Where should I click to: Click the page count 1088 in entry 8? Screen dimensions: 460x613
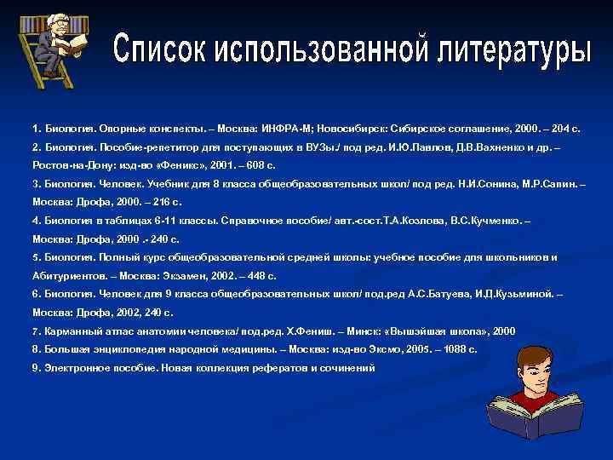click(x=441, y=348)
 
